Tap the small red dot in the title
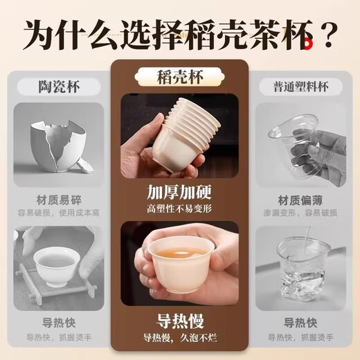coord(313,44)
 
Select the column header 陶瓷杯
coord(57,87)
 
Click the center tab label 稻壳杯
coord(179,75)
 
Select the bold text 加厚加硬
coord(179,192)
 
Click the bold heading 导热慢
coord(179,321)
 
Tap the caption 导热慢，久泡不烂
coord(179,339)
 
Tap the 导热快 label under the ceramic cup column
coord(57,323)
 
